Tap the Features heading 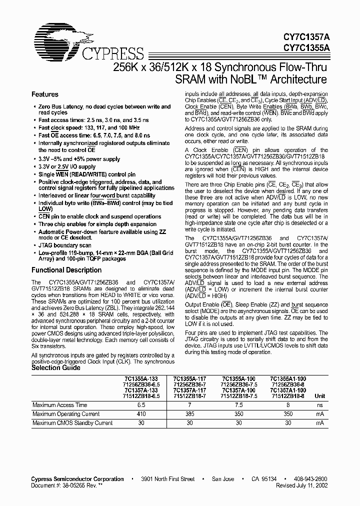(45, 94)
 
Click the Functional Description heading (66, 270)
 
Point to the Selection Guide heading (55, 367)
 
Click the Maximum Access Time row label (59, 405)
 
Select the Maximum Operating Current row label (66, 414)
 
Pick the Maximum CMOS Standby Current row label (72, 423)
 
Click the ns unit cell (320, 405)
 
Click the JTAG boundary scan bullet (64, 245)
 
